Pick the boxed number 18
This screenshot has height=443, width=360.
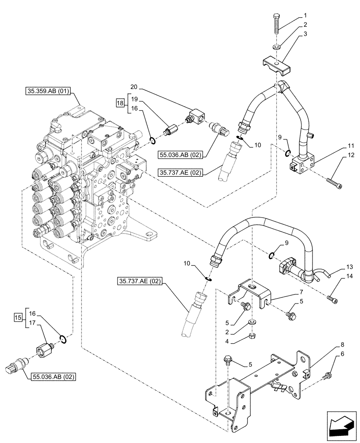click(119, 104)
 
